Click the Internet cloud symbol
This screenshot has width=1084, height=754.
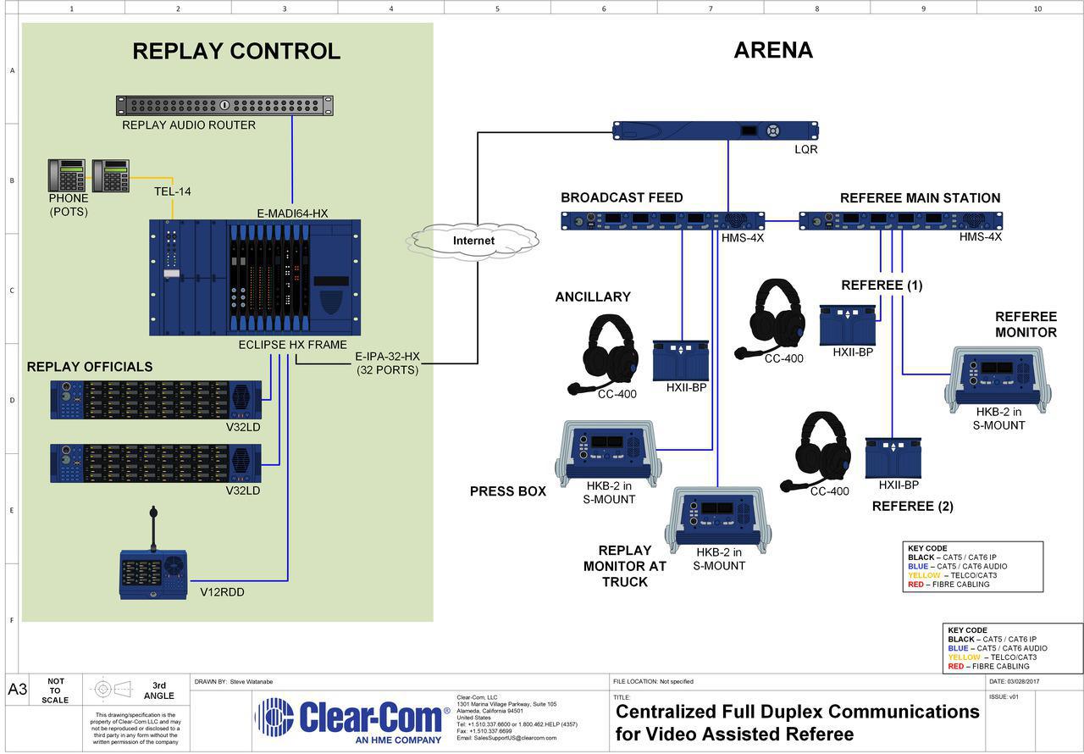(x=473, y=241)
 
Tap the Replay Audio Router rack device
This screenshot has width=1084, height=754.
(x=224, y=106)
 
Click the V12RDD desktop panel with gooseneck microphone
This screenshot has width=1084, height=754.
(x=153, y=573)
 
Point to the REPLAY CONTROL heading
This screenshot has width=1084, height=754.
(x=236, y=51)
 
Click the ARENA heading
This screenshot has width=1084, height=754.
(x=772, y=50)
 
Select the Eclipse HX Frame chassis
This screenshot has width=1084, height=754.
(x=255, y=277)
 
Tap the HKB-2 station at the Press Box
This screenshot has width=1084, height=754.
(x=606, y=452)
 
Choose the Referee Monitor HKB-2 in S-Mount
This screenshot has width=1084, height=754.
(x=998, y=380)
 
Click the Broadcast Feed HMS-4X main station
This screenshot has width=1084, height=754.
(x=662, y=221)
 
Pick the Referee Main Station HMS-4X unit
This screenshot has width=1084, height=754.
(x=900, y=221)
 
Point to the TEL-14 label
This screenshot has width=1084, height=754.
(x=172, y=191)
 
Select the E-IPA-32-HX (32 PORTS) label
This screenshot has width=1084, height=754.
(x=387, y=363)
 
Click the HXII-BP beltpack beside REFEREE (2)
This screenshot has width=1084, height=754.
(x=893, y=457)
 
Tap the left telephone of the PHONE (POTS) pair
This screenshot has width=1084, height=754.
(x=67, y=175)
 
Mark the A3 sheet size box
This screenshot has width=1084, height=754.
(x=17, y=690)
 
